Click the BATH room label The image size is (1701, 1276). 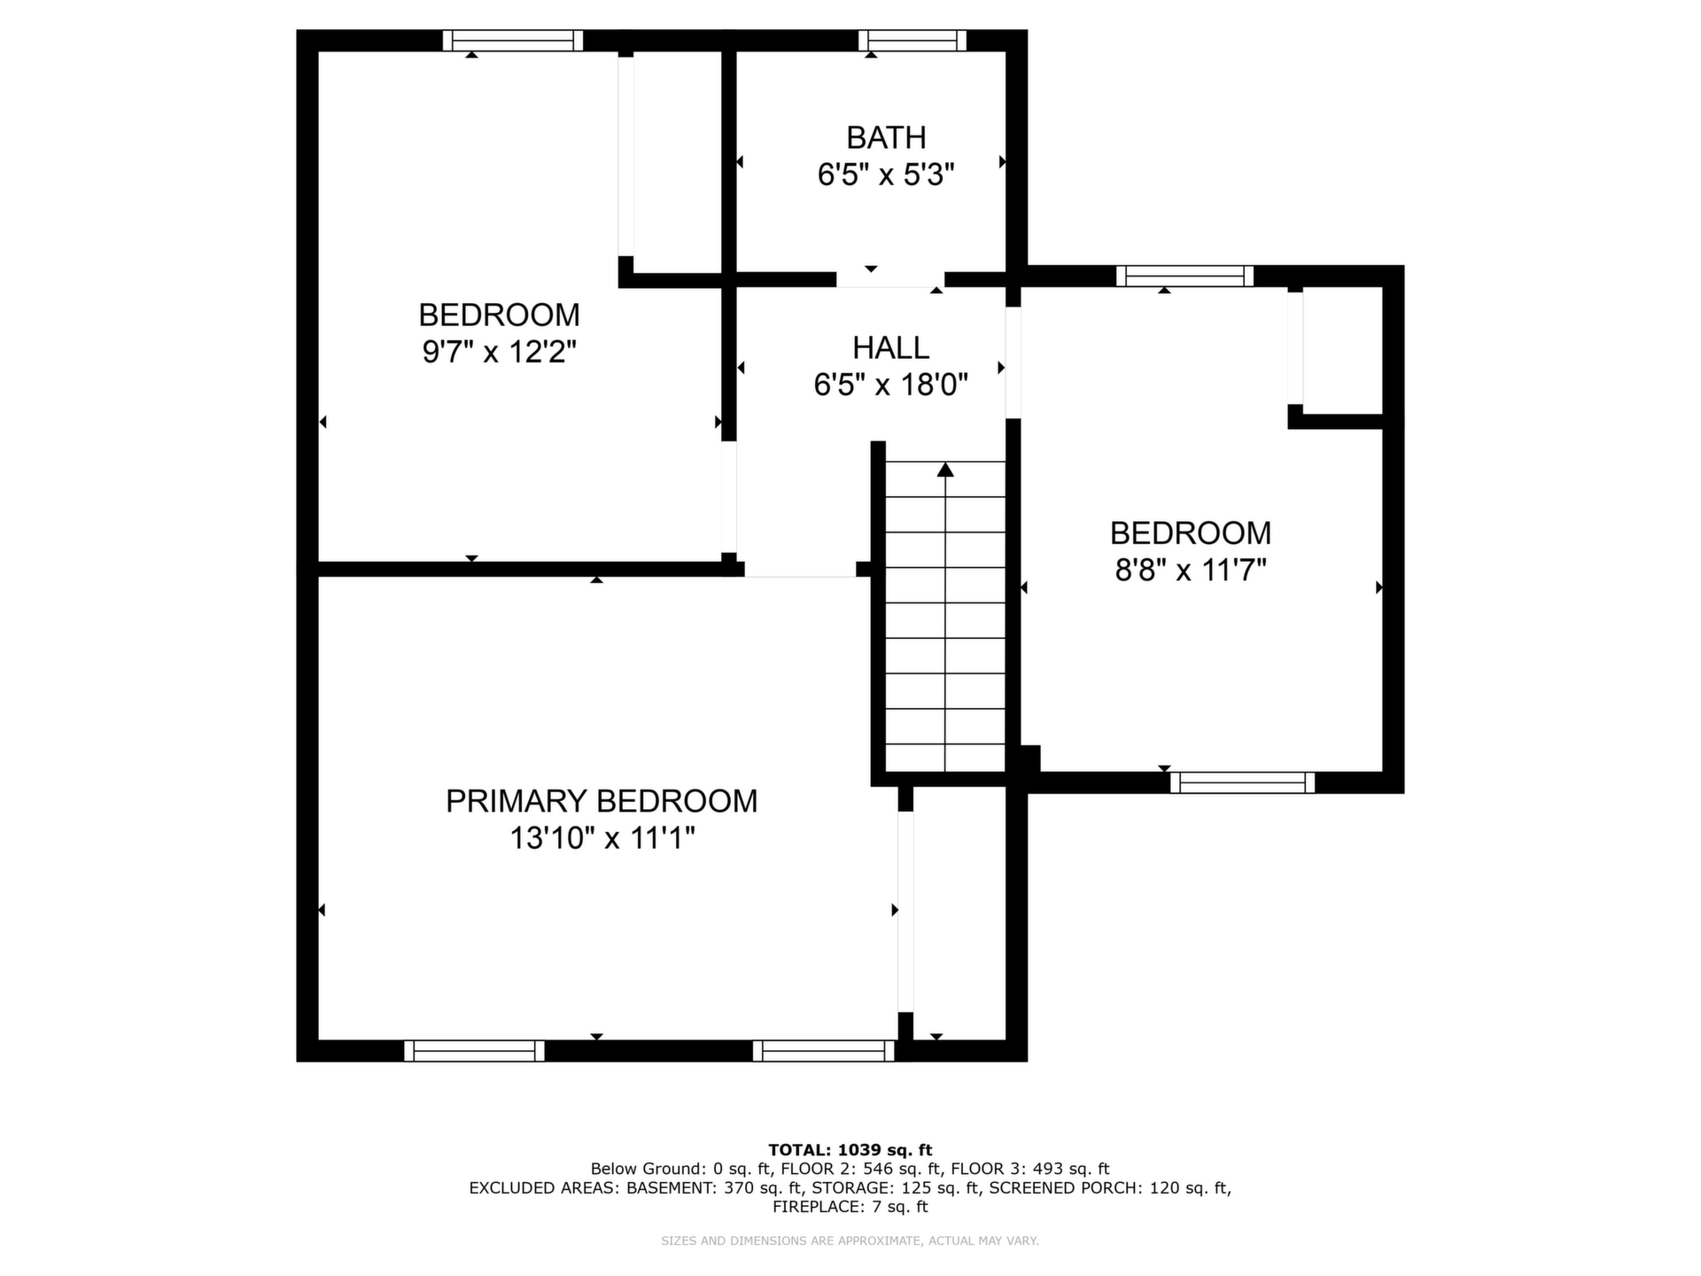(x=886, y=138)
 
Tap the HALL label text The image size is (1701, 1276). (x=890, y=347)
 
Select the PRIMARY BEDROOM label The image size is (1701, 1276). (x=602, y=801)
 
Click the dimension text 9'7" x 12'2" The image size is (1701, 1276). (x=500, y=353)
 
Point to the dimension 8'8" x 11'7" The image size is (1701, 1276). (x=1191, y=570)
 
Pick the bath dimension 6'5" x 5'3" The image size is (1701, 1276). (x=886, y=175)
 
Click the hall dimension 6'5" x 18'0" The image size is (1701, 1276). (x=890, y=385)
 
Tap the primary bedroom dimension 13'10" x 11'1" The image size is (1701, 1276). (x=602, y=838)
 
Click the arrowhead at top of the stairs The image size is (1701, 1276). (x=945, y=470)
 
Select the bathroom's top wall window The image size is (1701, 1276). (x=912, y=41)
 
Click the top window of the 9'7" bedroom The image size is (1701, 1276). (x=513, y=41)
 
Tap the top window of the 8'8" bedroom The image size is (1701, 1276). (x=1184, y=276)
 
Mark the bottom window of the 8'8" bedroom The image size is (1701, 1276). (x=1242, y=782)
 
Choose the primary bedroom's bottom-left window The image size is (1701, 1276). (x=474, y=1051)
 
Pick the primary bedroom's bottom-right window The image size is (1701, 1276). (x=824, y=1051)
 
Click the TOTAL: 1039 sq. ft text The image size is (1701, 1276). (x=850, y=1150)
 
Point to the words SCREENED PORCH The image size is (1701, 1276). (x=1066, y=1187)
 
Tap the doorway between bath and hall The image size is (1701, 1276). (x=890, y=280)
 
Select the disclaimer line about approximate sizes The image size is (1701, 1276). (x=850, y=1241)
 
